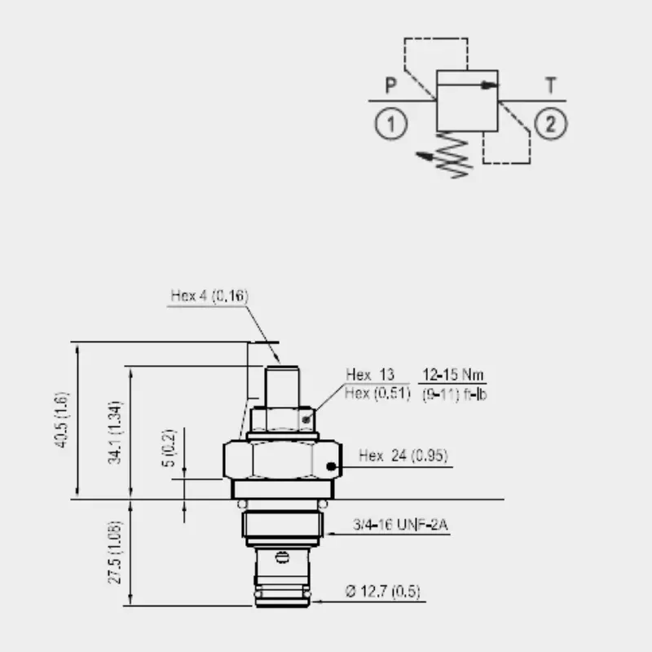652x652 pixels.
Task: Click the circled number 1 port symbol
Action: (391, 124)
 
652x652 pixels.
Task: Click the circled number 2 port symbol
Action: (551, 124)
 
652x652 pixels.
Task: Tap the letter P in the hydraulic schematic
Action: (391, 86)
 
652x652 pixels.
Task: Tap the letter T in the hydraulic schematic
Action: (551, 86)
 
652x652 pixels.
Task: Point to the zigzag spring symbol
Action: (453, 154)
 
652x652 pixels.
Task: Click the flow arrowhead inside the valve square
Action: (489, 86)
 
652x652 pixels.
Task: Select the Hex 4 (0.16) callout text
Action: (209, 296)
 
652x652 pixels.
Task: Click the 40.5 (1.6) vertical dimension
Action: (61, 420)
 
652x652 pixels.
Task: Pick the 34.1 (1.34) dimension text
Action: (114, 433)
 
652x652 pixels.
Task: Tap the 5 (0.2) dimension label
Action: (169, 447)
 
